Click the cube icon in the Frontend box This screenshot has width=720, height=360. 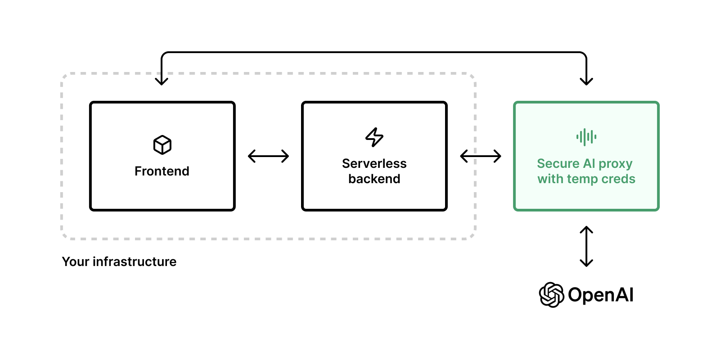tap(162, 145)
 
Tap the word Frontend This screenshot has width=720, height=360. tap(162, 171)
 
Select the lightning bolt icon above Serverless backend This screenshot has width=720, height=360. tap(374, 137)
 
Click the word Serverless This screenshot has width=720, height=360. tap(374, 163)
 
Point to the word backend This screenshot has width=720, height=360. tap(374, 179)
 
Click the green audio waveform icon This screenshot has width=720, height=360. tap(586, 137)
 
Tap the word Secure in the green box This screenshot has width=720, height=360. tap(558, 163)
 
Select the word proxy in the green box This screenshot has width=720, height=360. tap(615, 164)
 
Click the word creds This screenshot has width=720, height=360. tap(618, 179)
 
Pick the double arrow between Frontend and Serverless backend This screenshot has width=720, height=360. tap(268, 156)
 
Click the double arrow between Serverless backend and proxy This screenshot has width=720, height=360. tap(480, 156)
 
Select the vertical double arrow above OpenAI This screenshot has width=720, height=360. tap(586, 246)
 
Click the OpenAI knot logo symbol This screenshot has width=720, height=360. tap(551, 295)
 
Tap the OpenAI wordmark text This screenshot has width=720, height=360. tap(600, 295)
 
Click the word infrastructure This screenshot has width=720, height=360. tap(135, 261)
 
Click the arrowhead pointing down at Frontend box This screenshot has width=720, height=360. tap(162, 81)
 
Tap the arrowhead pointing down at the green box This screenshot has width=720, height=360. tap(586, 81)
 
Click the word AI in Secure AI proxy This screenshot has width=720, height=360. tap(589, 163)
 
